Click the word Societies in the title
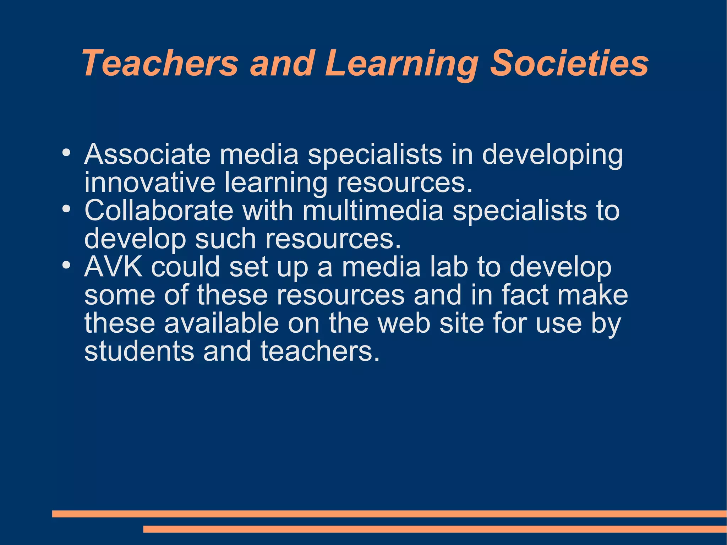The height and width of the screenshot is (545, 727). pos(569,63)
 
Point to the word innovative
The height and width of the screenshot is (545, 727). pos(149,182)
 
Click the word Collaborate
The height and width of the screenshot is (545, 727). pos(159,211)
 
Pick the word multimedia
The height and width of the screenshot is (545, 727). pos(373,211)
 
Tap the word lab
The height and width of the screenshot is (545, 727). pos(449,267)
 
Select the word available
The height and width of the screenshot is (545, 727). pos(222,323)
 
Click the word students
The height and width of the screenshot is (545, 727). pos(139,351)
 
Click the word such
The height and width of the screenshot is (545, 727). pos(225,239)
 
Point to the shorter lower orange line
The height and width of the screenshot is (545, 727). pos(435,529)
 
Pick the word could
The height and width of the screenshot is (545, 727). pos(185,267)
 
